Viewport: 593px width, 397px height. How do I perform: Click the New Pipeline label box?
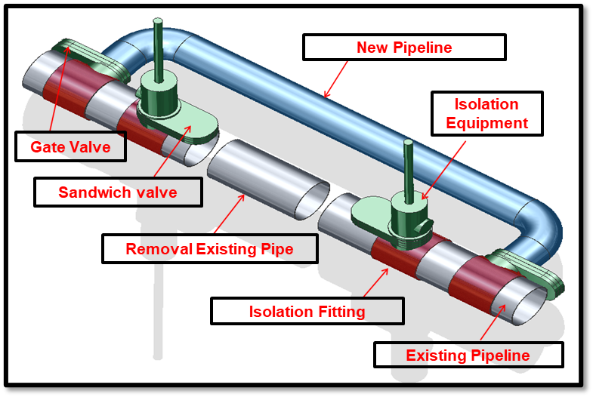pyautogui.click(x=404, y=48)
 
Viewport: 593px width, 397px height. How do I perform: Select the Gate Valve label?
pyautogui.click(x=70, y=146)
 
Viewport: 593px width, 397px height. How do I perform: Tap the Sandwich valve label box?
pyautogui.click(x=118, y=192)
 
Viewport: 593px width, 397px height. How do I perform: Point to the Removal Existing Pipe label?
pyautogui.click(x=209, y=249)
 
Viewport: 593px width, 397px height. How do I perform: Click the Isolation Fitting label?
pyautogui.click(x=307, y=311)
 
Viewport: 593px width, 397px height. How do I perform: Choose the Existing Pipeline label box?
pyautogui.click(x=468, y=355)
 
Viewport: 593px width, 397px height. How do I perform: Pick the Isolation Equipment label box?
pyautogui.click(x=486, y=113)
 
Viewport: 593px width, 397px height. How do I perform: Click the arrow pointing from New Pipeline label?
pyautogui.click(x=337, y=79)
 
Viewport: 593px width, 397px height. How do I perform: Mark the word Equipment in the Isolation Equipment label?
pyautogui.click(x=486, y=122)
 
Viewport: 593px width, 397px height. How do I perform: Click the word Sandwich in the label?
pyautogui.click(x=89, y=192)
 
